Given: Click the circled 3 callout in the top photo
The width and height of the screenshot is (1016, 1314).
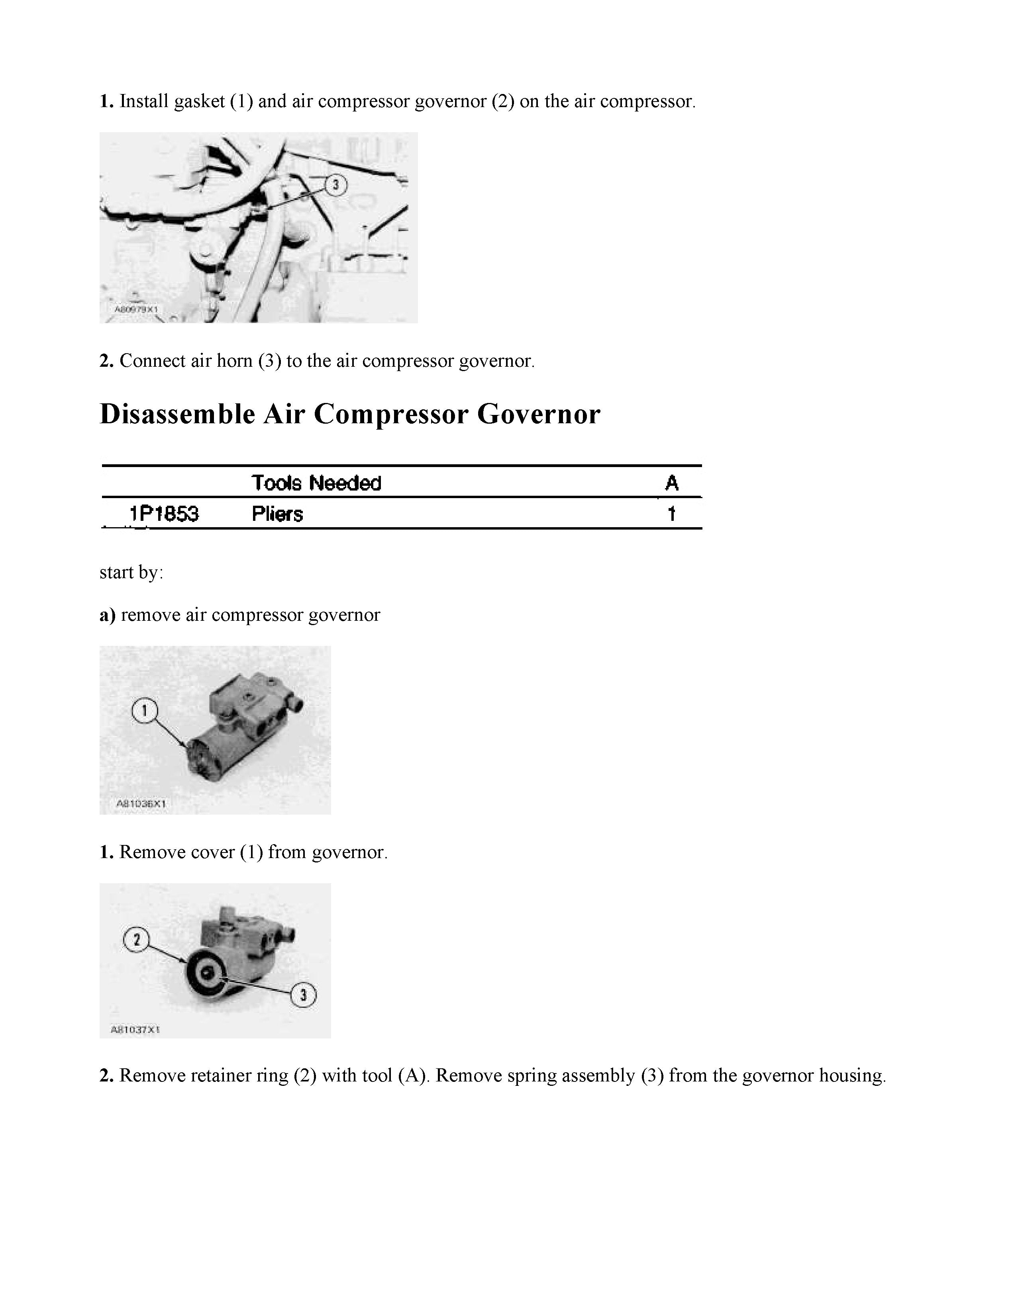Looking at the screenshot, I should [x=336, y=185].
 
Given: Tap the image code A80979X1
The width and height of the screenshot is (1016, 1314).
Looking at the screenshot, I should [x=136, y=310].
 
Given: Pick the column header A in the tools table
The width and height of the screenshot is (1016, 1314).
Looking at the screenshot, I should [x=672, y=483].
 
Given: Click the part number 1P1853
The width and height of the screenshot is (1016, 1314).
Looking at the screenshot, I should [x=164, y=514].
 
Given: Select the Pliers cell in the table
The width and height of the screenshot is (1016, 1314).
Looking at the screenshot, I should [x=277, y=514].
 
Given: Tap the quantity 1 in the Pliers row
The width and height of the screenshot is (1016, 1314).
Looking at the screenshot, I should [x=672, y=514].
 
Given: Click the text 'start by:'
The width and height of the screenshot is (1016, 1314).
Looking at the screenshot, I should [x=131, y=572].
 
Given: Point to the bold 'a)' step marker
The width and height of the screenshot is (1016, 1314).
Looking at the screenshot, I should [x=107, y=615].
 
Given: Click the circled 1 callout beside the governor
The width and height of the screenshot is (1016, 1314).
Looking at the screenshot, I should [x=144, y=711].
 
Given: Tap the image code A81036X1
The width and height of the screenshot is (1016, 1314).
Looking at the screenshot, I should [x=141, y=803].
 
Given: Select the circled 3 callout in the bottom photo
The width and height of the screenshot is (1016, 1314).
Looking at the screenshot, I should [x=303, y=995].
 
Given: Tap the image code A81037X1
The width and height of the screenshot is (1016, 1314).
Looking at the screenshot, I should [x=135, y=1029].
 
